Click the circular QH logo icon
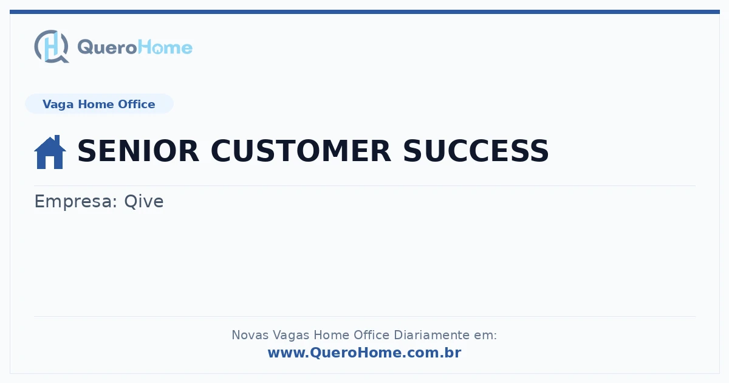[x=52, y=46]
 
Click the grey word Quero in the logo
[x=108, y=47]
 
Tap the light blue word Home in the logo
[x=165, y=47]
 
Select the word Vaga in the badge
[x=58, y=105]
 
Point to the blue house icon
[x=50, y=152]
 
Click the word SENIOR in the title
[x=139, y=151]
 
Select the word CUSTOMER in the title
[x=301, y=151]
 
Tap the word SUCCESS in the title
[x=476, y=151]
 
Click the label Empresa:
[x=76, y=202]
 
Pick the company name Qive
[x=144, y=201]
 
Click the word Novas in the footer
[x=250, y=335]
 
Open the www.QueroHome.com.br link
[x=364, y=353]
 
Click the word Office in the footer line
[x=371, y=335]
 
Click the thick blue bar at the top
[x=364, y=12]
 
